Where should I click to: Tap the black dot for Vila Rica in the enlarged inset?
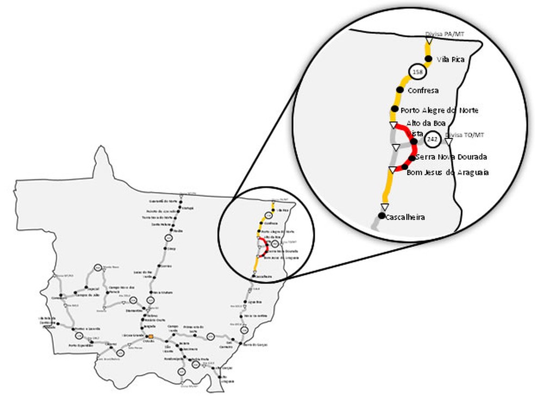[428, 59]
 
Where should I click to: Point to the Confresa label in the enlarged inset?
[423, 90]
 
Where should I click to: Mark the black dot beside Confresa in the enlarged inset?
[400, 90]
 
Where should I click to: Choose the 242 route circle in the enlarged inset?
[433, 140]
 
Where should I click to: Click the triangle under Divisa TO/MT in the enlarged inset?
[448, 142]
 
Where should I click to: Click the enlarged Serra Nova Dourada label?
[451, 157]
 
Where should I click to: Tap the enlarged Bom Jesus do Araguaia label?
[447, 172]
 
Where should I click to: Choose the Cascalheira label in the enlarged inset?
[405, 217]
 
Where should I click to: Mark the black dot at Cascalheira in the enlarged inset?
[381, 216]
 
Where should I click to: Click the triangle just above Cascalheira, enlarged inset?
[384, 206]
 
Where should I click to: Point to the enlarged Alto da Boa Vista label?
[420, 127]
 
